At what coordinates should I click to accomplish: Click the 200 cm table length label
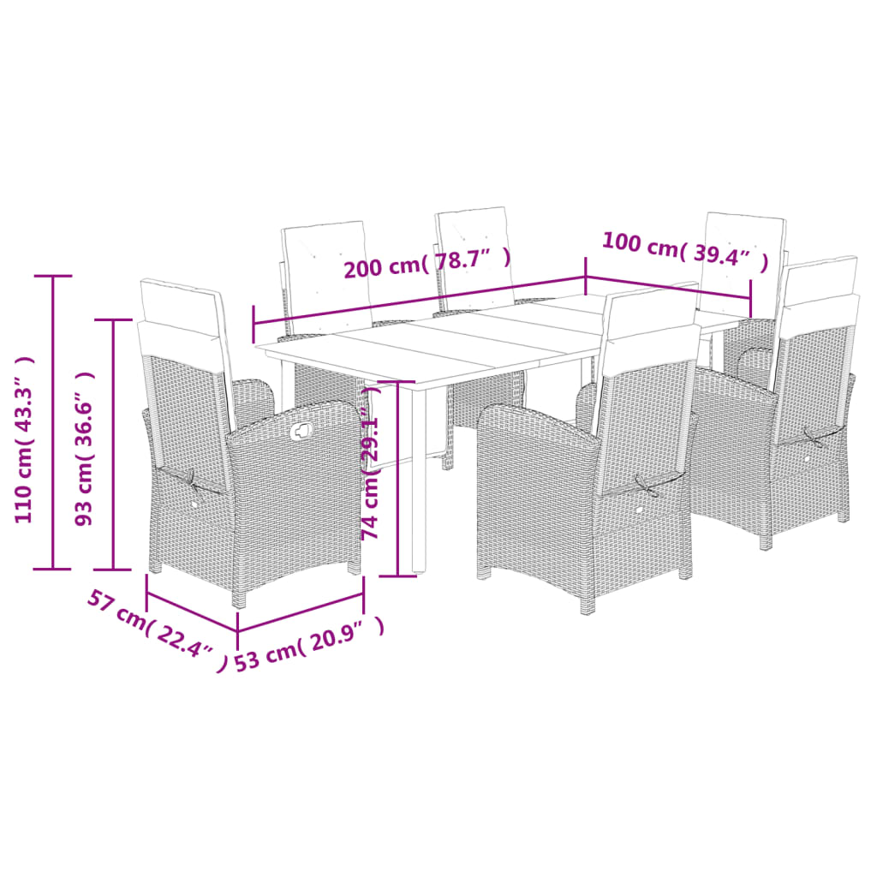[x=427, y=262]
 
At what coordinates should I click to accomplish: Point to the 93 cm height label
[x=86, y=448]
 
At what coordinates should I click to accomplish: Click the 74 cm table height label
[x=370, y=480]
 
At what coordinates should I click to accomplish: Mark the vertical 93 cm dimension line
[x=114, y=444]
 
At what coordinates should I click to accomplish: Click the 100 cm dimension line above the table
[x=668, y=289]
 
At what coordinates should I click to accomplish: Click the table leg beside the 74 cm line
[x=418, y=480]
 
